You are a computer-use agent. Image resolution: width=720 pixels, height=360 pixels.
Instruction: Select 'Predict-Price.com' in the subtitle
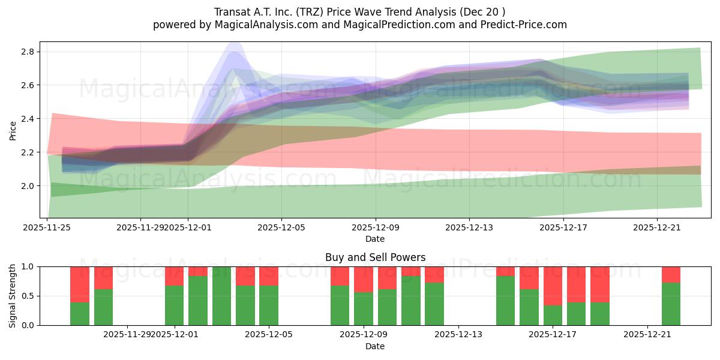pyautogui.click(x=520, y=25)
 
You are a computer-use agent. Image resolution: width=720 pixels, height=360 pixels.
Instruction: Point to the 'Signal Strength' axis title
pyautogui.click(x=13, y=296)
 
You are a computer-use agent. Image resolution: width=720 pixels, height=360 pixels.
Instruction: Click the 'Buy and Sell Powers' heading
pyautogui.click(x=375, y=257)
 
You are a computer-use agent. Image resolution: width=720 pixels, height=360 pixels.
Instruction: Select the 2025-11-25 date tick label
pyautogui.click(x=47, y=227)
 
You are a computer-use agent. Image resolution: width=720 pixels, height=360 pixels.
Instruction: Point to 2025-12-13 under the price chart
pyautogui.click(x=469, y=227)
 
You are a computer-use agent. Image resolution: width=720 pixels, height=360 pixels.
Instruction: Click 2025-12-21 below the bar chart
pyautogui.click(x=647, y=334)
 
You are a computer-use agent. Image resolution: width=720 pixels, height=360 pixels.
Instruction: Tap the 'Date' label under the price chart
pyautogui.click(x=375, y=239)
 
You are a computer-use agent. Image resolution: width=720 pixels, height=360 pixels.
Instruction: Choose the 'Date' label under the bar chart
pyautogui.click(x=375, y=346)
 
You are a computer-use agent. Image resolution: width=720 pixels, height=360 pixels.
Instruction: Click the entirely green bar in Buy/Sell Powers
pyautogui.click(x=221, y=296)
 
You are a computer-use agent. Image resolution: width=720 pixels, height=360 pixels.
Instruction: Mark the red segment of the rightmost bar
pyautogui.click(x=671, y=274)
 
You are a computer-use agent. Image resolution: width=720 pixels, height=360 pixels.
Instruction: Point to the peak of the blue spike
pyautogui.click(x=234, y=43)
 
